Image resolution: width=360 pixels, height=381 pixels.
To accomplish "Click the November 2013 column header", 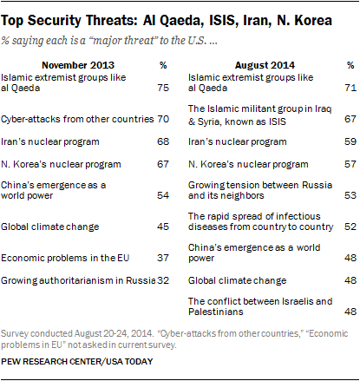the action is coord(78,65).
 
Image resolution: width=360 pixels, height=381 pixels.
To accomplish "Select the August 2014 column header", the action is coord(265,65).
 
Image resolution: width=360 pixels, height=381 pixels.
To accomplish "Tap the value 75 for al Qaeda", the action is coord(163,88).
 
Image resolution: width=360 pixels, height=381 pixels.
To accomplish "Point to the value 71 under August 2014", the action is coord(350,88).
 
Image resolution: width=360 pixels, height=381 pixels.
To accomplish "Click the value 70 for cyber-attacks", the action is coord(163,119).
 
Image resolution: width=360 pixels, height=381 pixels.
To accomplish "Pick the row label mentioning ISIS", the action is coord(259,115).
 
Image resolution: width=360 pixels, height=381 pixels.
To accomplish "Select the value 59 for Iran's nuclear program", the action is coord(350,141).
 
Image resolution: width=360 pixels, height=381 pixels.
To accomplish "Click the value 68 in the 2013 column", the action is coord(163,141).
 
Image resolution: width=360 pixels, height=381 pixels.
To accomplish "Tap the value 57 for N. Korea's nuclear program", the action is coord(350,164).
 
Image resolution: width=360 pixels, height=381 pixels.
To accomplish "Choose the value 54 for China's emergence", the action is coord(163,195).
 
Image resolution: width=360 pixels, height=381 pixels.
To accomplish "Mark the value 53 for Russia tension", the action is coord(350,195).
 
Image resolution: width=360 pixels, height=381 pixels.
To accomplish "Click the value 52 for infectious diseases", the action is coord(350,227).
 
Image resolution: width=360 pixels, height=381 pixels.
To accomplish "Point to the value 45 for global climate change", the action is coord(163,227).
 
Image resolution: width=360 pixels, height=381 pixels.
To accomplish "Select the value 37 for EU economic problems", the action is coord(163,258).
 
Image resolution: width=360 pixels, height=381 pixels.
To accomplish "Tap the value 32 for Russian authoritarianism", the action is coord(163,280).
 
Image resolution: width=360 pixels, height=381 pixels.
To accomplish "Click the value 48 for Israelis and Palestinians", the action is coord(350,312).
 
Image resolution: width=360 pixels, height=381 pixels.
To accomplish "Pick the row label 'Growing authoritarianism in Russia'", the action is coord(78,280).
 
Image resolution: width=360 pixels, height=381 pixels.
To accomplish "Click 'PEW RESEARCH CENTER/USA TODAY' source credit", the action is coord(77,361).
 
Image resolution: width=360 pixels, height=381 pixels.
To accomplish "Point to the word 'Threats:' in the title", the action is coord(111,20).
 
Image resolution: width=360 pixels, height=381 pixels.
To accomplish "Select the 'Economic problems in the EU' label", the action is coord(65,258).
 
